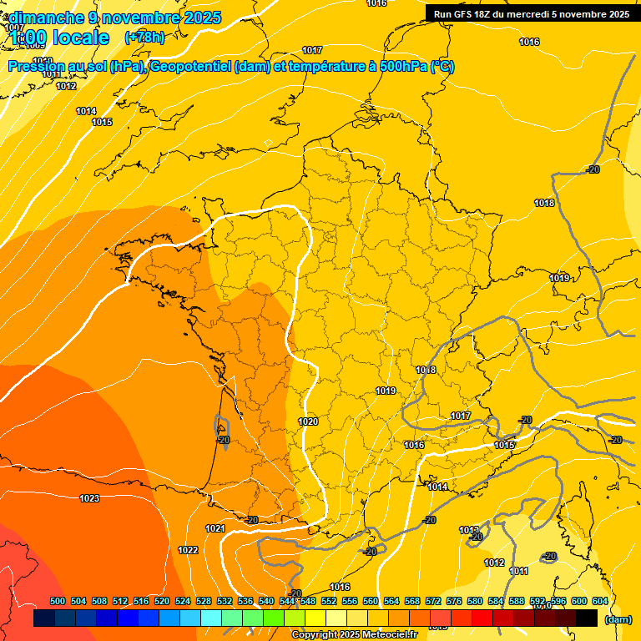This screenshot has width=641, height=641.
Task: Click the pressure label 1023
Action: (89, 498)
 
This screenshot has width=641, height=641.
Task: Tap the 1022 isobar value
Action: (188, 550)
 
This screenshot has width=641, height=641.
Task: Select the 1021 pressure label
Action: (215, 528)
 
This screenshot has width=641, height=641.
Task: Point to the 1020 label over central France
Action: (308, 421)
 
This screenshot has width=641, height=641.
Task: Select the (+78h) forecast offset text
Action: (144, 38)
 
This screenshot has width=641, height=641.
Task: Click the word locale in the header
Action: (80, 38)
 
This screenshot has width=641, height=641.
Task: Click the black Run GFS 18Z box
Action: (532, 13)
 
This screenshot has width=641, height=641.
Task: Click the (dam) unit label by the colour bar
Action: (618, 619)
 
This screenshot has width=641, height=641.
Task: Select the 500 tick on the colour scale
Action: (58, 601)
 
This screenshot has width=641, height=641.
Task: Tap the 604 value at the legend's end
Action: (599, 601)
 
